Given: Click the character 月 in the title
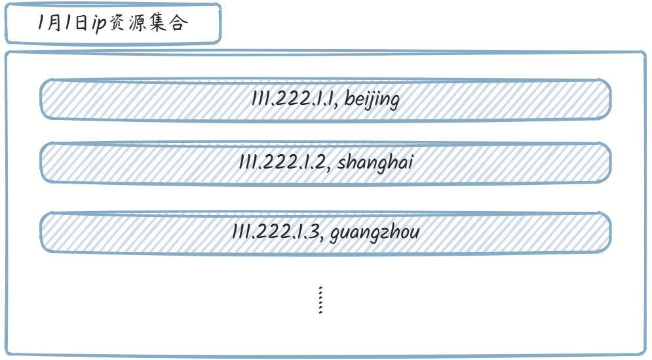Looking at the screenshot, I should point(56,24).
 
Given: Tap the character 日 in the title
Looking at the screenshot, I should point(81,24).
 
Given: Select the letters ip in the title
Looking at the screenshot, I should point(99,24).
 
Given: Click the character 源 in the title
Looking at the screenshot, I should point(140,24).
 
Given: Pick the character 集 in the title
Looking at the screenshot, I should point(161,24).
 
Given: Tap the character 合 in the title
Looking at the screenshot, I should point(180,24).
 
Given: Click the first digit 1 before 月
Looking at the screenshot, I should point(42,24).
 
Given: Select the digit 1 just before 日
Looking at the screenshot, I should point(69,24).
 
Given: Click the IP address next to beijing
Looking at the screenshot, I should point(292,100).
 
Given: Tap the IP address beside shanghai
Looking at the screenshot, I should point(282,163).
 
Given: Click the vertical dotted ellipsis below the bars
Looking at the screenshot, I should point(320,300).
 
